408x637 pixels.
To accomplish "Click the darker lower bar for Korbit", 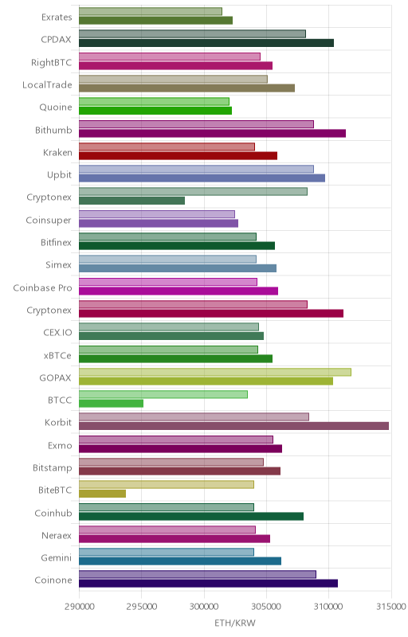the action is (233, 426).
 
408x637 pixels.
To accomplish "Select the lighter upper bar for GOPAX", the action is (215, 372).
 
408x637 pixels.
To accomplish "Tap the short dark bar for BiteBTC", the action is (103, 494).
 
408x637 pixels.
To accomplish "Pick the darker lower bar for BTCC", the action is (111, 404).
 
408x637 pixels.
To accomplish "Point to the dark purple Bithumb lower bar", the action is (212, 133).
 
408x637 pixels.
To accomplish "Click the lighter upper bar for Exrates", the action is (151, 11).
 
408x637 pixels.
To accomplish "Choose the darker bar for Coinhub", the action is (191, 516).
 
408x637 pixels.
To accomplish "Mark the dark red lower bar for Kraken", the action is (178, 155).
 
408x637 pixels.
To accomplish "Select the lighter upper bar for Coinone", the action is (198, 574).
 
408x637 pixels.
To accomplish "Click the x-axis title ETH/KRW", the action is (235, 623).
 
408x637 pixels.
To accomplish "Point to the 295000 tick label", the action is (141, 607).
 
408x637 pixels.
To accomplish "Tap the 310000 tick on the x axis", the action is (329, 607).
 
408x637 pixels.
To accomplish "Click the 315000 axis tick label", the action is (391, 607).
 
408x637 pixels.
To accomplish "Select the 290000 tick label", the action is (79, 607).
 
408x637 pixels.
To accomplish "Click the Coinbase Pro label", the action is (43, 287).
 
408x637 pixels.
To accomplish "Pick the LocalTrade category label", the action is (47, 85).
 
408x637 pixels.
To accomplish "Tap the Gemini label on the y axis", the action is (56, 558).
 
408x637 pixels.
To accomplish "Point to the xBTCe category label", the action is (57, 355).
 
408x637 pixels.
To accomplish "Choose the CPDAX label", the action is (56, 39).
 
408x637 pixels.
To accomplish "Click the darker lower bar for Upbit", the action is (202, 178).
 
